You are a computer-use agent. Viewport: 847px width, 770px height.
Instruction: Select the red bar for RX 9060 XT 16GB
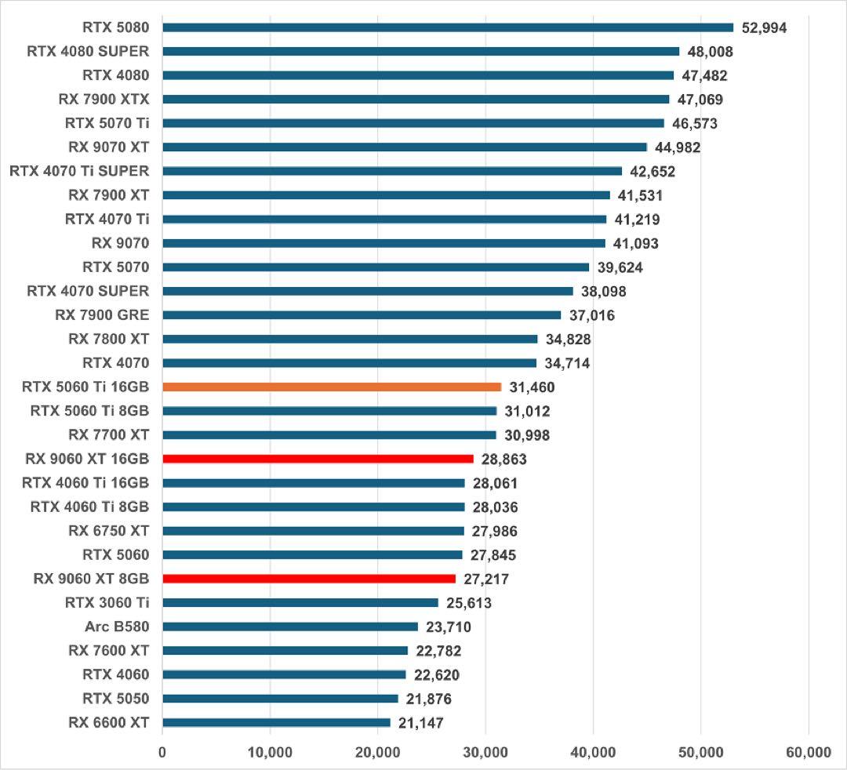coord(318,459)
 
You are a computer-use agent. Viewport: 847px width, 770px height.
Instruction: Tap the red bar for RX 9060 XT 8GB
coord(308,579)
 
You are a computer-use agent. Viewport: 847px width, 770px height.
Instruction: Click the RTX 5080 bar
coord(447,27)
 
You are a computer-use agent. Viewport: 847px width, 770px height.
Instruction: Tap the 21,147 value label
coord(420,722)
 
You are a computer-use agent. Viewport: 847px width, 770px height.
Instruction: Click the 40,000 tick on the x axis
coord(593,752)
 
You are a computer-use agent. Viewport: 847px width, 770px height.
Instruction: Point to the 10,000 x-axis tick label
coord(270,752)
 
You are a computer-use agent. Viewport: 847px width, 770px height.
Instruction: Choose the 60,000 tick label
coord(808,752)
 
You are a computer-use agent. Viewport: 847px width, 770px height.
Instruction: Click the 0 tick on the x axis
coord(162,752)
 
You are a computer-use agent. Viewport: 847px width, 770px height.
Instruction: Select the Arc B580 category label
coord(117,627)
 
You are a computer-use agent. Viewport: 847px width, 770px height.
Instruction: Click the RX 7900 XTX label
coord(104,99)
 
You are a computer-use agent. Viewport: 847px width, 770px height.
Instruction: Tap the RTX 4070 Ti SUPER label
coord(79,171)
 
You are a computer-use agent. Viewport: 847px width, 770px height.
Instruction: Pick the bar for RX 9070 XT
coord(404,147)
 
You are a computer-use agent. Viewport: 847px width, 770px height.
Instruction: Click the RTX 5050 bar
coord(280,699)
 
